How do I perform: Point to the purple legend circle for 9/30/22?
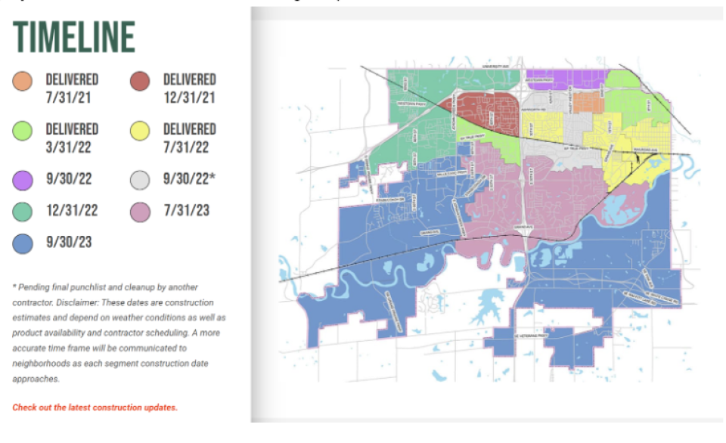click(22, 180)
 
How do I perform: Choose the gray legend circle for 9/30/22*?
click(140, 180)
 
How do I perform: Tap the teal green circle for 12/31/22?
click(22, 212)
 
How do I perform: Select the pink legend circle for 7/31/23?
click(140, 212)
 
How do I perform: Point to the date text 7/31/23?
click(187, 212)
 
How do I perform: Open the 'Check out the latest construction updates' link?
click(95, 407)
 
